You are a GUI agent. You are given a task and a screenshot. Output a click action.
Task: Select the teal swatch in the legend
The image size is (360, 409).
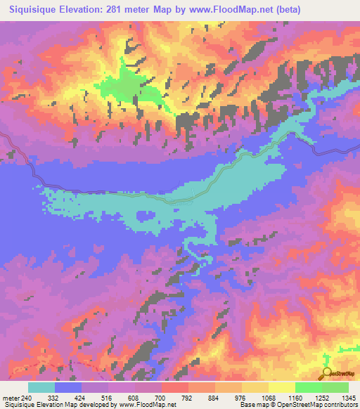tap(41, 387)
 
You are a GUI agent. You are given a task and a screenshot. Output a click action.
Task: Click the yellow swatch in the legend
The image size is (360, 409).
tap(281, 387)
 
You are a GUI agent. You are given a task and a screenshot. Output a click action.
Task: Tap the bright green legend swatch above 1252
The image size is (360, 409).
tap(308, 387)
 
